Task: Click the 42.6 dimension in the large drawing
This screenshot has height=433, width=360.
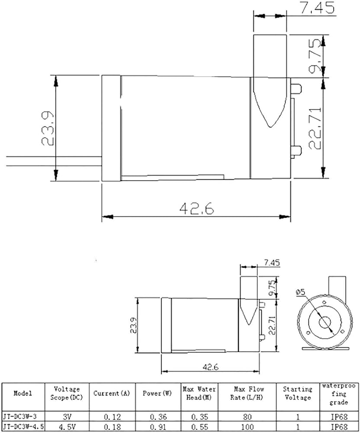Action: pyautogui.click(x=196, y=208)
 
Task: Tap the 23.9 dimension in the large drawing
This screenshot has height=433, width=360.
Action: pyautogui.click(x=48, y=129)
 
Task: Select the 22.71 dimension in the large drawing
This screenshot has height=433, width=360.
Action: pyautogui.click(x=315, y=129)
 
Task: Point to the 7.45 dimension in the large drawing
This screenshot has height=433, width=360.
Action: pyautogui.click(x=317, y=7)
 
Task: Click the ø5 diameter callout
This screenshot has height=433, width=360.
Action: pyautogui.click(x=300, y=291)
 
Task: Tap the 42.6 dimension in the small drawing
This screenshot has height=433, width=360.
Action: pyautogui.click(x=210, y=367)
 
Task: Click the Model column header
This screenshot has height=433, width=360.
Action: pyautogui.click(x=23, y=393)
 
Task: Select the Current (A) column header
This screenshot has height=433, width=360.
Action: pyautogui.click(x=112, y=393)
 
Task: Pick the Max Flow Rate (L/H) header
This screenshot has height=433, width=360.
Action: pyautogui.click(x=247, y=393)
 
